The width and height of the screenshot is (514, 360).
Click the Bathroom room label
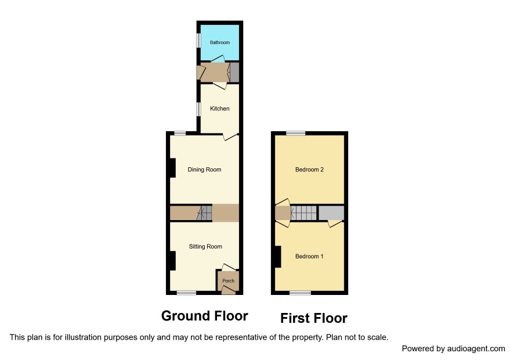[220, 42]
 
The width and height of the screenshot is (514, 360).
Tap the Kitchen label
[220, 109]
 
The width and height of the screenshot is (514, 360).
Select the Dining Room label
[204, 170]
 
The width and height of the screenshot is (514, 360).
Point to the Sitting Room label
[205, 246]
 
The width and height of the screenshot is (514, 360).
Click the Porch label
[228, 281]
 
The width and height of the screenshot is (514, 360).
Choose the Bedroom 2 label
[309, 170]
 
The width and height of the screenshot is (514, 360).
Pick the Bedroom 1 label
[309, 256]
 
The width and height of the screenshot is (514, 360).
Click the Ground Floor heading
[205, 316]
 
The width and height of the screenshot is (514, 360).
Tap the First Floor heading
[314, 318]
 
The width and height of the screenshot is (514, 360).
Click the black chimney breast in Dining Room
[172, 168]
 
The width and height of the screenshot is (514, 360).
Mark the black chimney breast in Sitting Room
[172, 261]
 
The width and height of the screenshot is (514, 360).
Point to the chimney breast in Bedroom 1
[278, 257]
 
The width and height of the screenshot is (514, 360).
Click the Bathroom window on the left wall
[198, 41]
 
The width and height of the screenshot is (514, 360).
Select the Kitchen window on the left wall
[198, 109]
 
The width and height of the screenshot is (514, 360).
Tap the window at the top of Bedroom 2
[296, 133]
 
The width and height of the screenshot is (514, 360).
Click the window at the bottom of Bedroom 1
[301, 293]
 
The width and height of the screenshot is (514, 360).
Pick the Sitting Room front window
[187, 293]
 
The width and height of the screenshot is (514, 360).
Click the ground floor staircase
[204, 213]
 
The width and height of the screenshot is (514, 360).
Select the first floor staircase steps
[304, 213]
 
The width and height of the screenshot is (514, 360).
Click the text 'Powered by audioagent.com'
[453, 348]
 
